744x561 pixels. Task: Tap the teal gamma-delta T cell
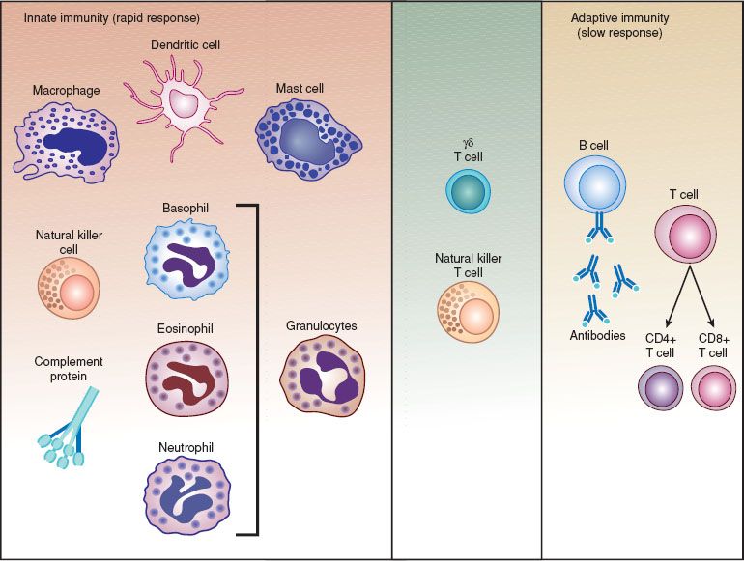470,189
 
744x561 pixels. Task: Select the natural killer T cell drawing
470,312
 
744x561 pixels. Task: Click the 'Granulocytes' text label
322,326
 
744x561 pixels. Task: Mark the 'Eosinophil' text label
185,329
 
